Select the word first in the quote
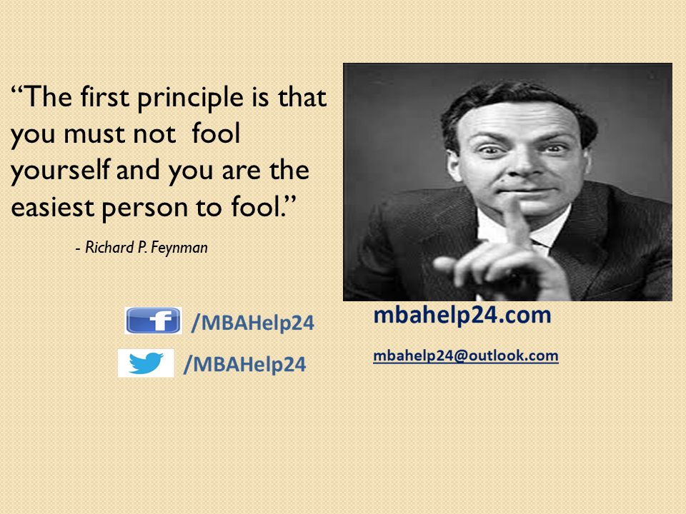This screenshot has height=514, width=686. click(x=104, y=96)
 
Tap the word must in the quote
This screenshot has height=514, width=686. click(x=94, y=133)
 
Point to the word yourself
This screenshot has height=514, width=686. click(x=60, y=172)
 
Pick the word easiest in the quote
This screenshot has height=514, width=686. click(x=52, y=207)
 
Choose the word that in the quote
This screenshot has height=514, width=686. click(x=302, y=96)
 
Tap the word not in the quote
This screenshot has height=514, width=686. click(x=154, y=135)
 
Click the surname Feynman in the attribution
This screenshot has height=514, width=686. click(x=179, y=248)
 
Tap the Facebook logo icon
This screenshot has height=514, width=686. click(x=153, y=321)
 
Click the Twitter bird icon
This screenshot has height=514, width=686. click(x=146, y=363)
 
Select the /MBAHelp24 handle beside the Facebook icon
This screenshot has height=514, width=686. click(x=253, y=323)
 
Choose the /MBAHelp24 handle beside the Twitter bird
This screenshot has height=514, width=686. click(x=244, y=365)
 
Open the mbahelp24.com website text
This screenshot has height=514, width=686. click(x=462, y=316)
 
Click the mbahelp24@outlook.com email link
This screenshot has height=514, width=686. click(x=465, y=356)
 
